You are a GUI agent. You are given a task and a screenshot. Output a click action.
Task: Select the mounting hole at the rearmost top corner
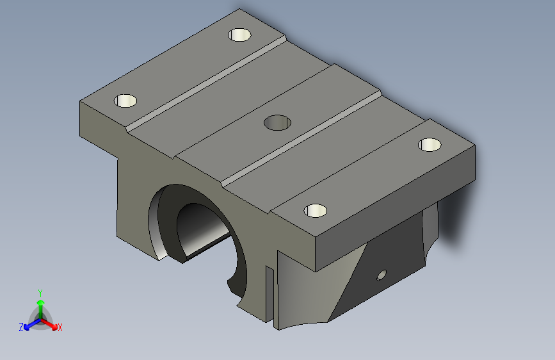click(239, 35)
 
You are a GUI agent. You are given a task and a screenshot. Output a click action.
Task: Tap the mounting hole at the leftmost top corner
click(125, 101)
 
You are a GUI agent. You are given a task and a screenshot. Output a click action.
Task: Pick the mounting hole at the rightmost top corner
click(430, 145)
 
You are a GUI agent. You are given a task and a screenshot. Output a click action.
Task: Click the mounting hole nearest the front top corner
click(315, 210)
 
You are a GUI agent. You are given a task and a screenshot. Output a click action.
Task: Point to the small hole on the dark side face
click(382, 275)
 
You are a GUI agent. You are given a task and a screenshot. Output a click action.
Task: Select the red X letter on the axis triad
click(60, 328)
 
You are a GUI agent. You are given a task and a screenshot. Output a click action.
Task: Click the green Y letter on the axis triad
click(40, 291)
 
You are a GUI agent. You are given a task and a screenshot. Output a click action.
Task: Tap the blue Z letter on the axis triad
click(21, 327)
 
